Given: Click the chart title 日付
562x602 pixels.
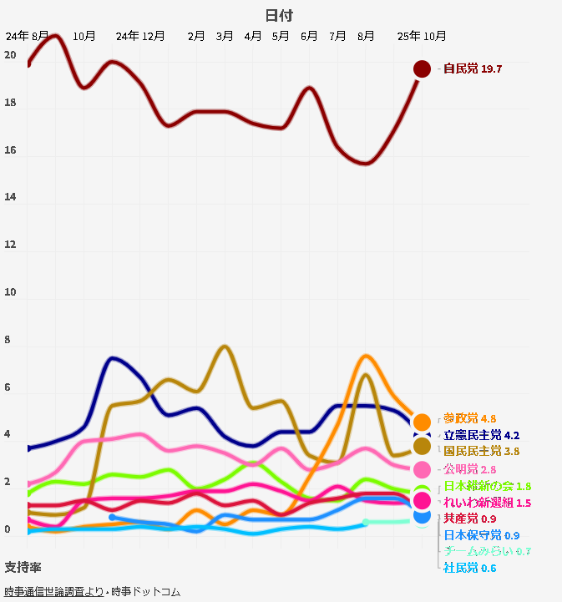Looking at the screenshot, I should pyautogui.click(x=279, y=16).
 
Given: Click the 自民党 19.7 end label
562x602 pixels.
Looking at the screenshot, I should pyautogui.click(x=473, y=68).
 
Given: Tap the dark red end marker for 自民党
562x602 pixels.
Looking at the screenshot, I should pyautogui.click(x=422, y=68).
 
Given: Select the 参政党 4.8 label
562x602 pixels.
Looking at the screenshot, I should pyautogui.click(x=470, y=418).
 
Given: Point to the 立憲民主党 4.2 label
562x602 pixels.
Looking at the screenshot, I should pyautogui.click(x=481, y=435).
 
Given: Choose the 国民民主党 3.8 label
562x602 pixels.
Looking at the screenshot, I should pyautogui.click(x=481, y=451).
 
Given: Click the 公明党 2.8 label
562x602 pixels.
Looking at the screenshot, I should pyautogui.click(x=470, y=469).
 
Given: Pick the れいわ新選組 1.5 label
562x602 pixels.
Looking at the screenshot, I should pyautogui.click(x=487, y=503).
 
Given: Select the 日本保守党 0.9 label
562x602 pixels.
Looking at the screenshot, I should pyautogui.click(x=481, y=535).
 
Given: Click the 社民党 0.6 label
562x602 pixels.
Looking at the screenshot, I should pyautogui.click(x=470, y=568).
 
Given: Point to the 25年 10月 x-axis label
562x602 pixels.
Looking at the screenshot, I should pyautogui.click(x=422, y=36).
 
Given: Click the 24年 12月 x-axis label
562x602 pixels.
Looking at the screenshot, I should pyautogui.click(x=140, y=36).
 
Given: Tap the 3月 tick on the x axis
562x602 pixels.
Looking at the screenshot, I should pyautogui.click(x=225, y=36).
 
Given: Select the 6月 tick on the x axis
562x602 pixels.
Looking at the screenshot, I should pyautogui.click(x=309, y=36).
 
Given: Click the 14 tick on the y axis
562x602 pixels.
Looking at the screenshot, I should pyautogui.click(x=10, y=198).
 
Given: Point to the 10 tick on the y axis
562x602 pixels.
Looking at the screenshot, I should pyautogui.click(x=10, y=293).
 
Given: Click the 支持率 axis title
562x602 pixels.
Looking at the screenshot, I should pyautogui.click(x=23, y=568).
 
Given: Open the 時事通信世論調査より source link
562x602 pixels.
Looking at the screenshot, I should pyautogui.click(x=54, y=591).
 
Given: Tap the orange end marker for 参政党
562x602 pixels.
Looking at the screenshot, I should pyautogui.click(x=422, y=422).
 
